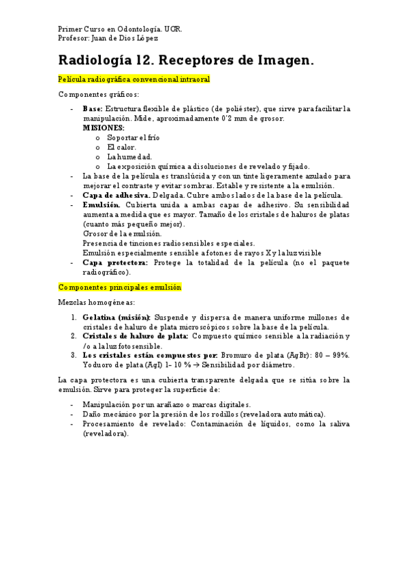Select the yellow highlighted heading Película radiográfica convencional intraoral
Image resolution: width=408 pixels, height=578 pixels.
[x=134, y=80]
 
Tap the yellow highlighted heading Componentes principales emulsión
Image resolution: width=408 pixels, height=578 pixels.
[x=120, y=288]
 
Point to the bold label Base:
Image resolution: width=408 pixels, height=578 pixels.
[x=93, y=108]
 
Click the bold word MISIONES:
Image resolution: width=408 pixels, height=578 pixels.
[x=103, y=127]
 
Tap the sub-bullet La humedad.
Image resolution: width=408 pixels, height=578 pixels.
[x=129, y=156]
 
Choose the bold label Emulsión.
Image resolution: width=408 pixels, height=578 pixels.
[x=101, y=204]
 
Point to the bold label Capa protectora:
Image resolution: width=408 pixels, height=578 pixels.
[x=114, y=262]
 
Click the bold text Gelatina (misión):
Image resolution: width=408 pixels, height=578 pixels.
[x=116, y=317]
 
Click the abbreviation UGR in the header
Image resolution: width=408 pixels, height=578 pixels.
[x=173, y=30]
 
